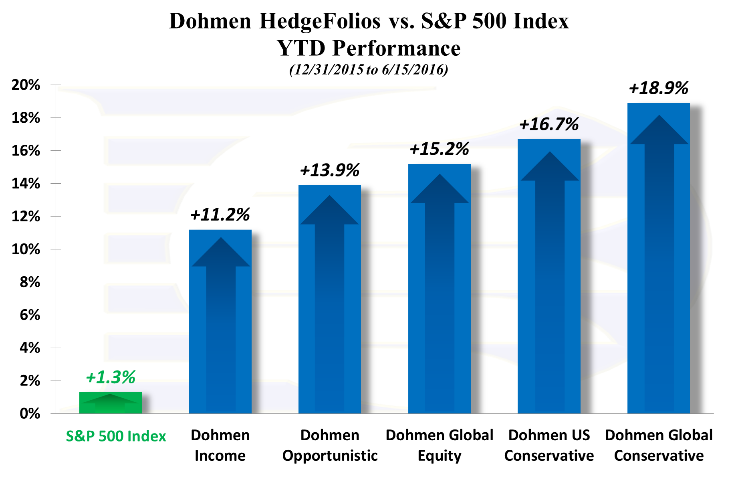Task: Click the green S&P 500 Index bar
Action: (110, 403)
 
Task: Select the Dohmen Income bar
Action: (220, 321)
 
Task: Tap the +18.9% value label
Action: (658, 88)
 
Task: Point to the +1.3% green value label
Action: (111, 377)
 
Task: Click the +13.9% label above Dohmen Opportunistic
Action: (329, 170)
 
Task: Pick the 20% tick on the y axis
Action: (26, 85)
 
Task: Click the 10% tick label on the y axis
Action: (26, 249)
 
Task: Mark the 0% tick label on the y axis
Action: (30, 413)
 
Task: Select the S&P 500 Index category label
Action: (116, 436)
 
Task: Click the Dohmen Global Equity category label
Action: (439, 445)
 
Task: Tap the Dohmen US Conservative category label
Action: (549, 445)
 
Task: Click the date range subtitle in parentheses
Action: (369, 69)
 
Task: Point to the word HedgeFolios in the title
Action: (320, 21)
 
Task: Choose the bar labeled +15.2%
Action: (439, 289)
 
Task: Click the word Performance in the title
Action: (396, 48)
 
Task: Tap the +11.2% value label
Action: (220, 215)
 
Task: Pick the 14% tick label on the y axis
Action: (26, 184)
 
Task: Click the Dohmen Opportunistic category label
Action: (330, 445)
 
